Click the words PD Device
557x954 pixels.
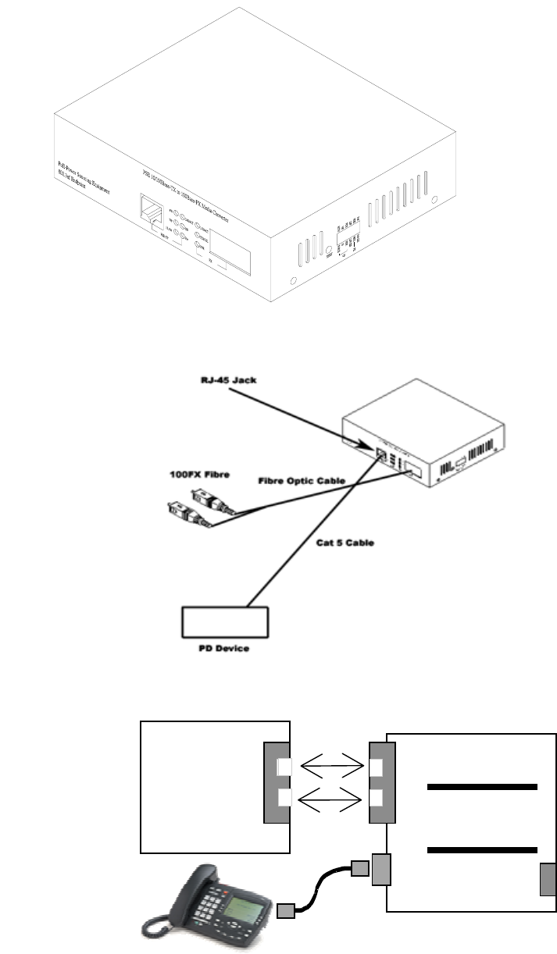tap(225, 648)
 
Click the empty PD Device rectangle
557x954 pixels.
tap(225, 621)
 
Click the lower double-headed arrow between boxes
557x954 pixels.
tap(330, 798)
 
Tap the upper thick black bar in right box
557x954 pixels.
tap(482, 787)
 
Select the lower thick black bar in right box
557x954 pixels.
tap(482, 849)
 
